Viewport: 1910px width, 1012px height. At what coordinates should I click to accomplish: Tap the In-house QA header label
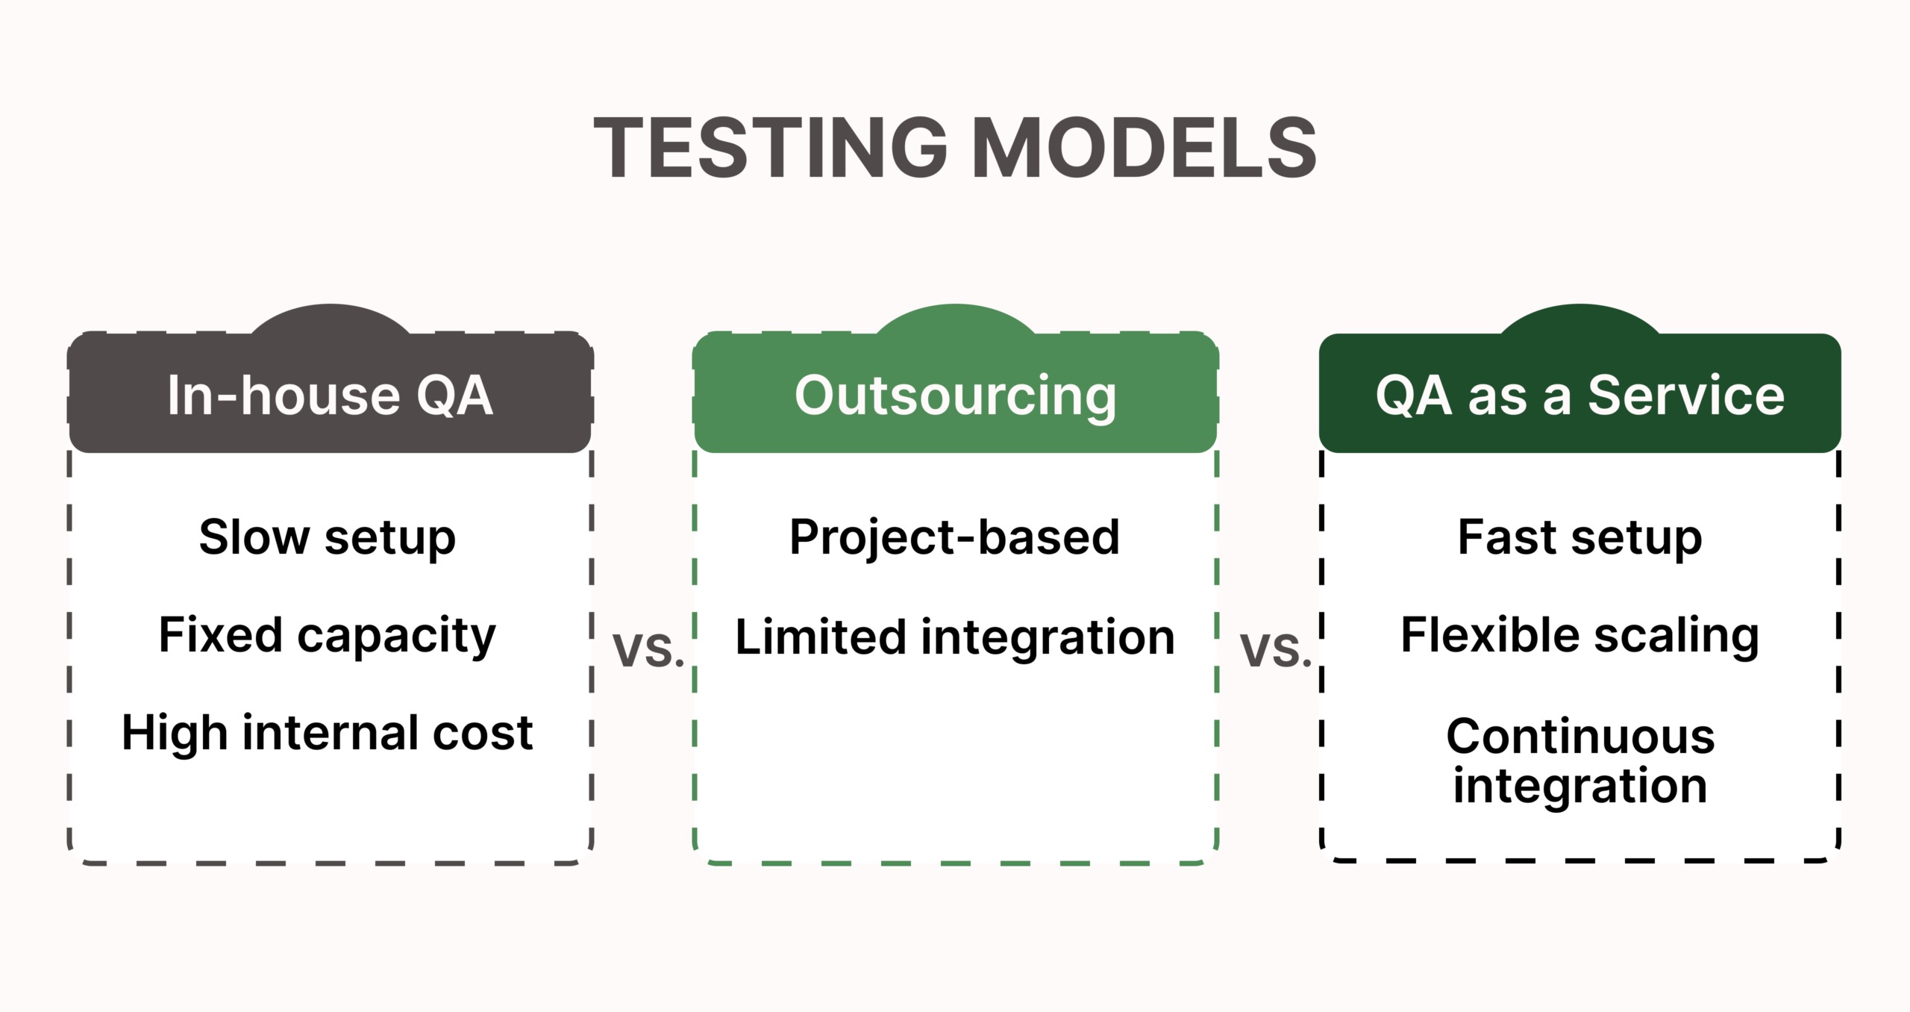click(330, 395)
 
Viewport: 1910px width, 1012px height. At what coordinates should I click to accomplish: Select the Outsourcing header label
click(955, 395)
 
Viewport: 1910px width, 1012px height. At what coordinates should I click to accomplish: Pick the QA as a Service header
click(1579, 395)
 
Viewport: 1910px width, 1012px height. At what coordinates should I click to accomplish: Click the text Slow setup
click(327, 537)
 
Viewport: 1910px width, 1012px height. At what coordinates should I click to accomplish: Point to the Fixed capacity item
click(327, 635)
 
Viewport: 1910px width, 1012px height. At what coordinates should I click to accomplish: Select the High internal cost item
click(327, 732)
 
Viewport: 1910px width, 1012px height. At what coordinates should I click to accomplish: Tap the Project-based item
click(954, 537)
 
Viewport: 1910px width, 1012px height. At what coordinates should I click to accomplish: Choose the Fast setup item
click(1579, 537)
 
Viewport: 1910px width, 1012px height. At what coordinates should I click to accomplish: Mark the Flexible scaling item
click(1579, 635)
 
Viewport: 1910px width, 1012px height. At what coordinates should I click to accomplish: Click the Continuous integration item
click(1579, 760)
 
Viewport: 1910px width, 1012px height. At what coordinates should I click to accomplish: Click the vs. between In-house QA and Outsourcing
click(648, 649)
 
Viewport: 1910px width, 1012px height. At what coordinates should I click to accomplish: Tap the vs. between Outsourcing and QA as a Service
click(1275, 649)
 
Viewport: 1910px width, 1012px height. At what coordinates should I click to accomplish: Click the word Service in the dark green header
click(1685, 395)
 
